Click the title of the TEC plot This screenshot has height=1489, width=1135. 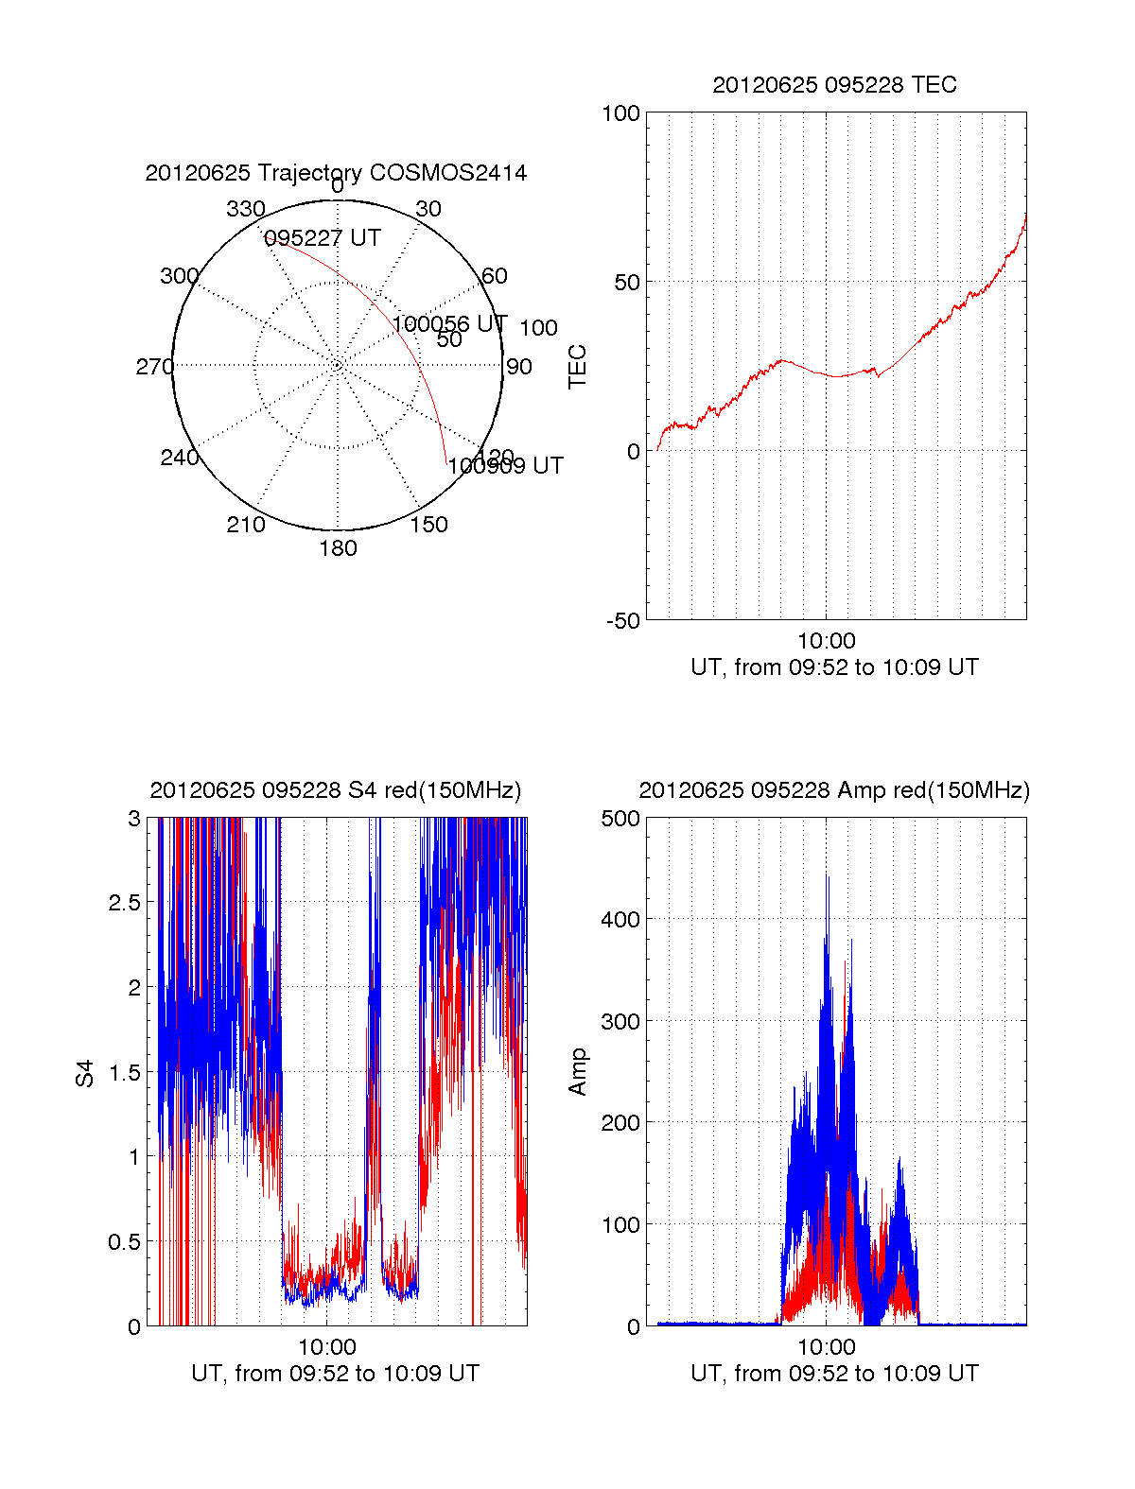pyautogui.click(x=834, y=85)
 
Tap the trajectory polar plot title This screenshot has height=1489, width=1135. pyautogui.click(x=336, y=173)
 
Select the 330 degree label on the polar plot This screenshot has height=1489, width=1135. pyautogui.click(x=245, y=209)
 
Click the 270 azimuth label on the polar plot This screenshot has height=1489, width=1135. pyautogui.click(x=154, y=367)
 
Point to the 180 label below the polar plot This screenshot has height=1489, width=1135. pyautogui.click(x=338, y=548)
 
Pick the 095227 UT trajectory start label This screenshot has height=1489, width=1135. pyautogui.click(x=322, y=238)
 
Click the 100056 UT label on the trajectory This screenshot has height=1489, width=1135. pyautogui.click(x=449, y=324)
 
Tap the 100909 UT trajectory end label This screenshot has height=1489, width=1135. pyautogui.click(x=505, y=466)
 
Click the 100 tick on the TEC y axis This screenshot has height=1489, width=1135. pyautogui.click(x=620, y=113)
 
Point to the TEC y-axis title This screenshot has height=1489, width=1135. pyautogui.click(x=577, y=367)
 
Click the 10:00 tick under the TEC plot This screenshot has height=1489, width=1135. pyautogui.click(x=826, y=642)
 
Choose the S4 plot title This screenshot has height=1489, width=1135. pyautogui.click(x=335, y=790)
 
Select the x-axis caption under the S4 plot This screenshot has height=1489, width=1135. pyautogui.click(x=335, y=1374)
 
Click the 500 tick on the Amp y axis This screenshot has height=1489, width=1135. pyautogui.click(x=620, y=819)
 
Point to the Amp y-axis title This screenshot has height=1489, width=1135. pyautogui.click(x=577, y=1072)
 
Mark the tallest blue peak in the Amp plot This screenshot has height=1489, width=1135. pyautogui.click(x=828, y=877)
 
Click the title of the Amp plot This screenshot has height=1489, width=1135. pyautogui.click(x=834, y=790)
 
